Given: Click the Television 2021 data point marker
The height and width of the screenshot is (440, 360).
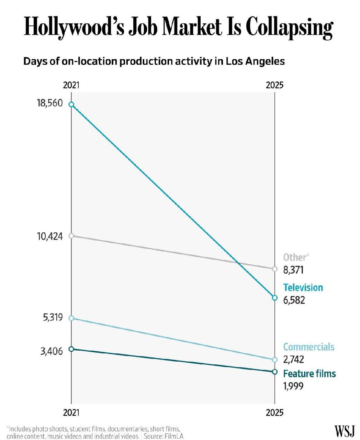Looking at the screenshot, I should click(x=71, y=104).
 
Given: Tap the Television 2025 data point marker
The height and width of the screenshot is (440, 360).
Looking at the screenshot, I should click(x=274, y=298).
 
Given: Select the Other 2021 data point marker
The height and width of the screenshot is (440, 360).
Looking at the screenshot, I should click(x=71, y=236).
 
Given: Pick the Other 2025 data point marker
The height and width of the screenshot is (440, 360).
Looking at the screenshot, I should click(x=274, y=269).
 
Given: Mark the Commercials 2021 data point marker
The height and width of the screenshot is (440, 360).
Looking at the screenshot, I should click(x=71, y=318).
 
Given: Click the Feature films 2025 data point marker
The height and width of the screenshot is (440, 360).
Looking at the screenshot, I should click(x=274, y=372).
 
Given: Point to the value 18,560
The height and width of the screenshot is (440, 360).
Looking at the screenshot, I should click(x=50, y=103).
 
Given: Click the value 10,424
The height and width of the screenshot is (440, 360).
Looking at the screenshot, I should click(x=50, y=236).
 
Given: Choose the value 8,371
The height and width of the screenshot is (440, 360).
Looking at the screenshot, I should click(x=293, y=270).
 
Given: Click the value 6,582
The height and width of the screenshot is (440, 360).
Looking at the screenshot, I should click(x=294, y=300).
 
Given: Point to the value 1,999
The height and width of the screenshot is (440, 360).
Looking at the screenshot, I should click(x=293, y=386).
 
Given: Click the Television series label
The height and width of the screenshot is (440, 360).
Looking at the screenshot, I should click(x=303, y=287).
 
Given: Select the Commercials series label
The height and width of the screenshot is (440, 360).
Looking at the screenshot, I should click(x=308, y=347).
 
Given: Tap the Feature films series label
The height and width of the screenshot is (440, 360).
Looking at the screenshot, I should click(x=309, y=374).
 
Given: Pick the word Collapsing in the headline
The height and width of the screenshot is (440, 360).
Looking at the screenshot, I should click(x=289, y=28).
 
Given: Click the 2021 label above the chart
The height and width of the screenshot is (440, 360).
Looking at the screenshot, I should click(x=71, y=85).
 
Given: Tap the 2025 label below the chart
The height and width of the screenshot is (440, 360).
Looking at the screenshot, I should click(x=275, y=412).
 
